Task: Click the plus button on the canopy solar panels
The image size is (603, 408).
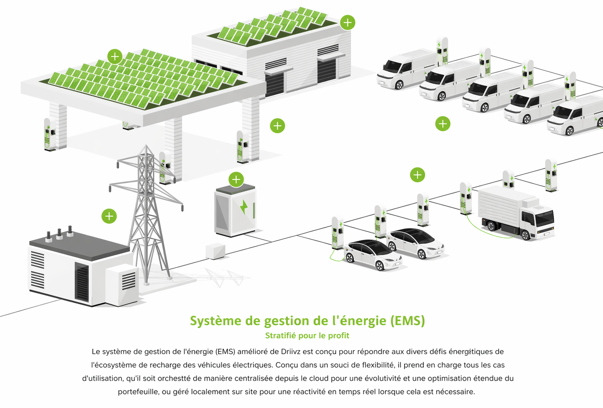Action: pyautogui.click(x=115, y=57)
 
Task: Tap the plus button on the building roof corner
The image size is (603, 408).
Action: pyautogui.click(x=348, y=23)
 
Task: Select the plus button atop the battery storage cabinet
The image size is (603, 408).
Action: pyautogui.click(x=236, y=180)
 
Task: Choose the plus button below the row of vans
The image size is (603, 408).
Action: pyautogui.click(x=442, y=124)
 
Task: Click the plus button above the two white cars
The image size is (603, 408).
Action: pyautogui.click(x=417, y=175)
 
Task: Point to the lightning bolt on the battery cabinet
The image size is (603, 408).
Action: pyautogui.click(x=244, y=207)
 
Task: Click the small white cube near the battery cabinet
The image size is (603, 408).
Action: pyautogui.click(x=215, y=251)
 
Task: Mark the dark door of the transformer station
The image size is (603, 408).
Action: pyautogui.click(x=82, y=282)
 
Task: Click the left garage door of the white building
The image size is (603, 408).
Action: pyautogui.click(x=274, y=83)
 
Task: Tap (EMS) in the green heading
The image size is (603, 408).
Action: pyautogui.click(x=407, y=321)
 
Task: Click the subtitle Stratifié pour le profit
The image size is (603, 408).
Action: pyautogui.click(x=307, y=336)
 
